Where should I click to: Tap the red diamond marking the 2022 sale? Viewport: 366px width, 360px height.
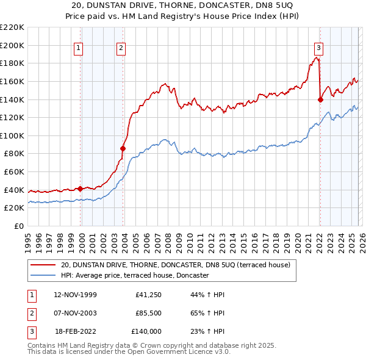[x=320, y=99]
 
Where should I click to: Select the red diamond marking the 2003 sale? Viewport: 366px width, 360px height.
[x=123, y=148]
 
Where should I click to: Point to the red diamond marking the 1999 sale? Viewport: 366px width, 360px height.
[x=80, y=189]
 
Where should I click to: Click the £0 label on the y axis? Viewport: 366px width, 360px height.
[x=18, y=226]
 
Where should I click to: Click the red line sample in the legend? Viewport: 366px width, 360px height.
[x=43, y=265]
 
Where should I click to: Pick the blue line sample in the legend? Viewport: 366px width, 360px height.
[x=43, y=275]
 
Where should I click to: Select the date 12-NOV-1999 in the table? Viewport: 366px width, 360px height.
[x=75, y=295]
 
